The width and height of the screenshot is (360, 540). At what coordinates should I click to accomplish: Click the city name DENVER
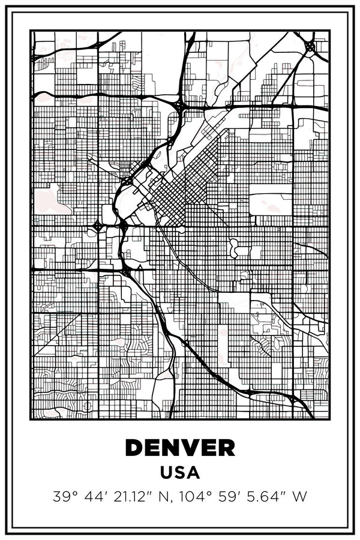pos(180,448)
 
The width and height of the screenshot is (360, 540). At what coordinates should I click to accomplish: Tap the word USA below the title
pos(180,473)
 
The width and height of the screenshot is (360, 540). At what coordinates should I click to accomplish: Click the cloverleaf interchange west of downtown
pos(97,226)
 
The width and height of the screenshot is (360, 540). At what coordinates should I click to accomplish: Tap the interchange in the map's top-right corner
pos(310,46)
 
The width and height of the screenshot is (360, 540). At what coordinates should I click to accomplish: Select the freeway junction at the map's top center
pos(179,106)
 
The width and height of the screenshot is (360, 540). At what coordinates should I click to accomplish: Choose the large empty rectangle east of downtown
pos(270,204)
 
